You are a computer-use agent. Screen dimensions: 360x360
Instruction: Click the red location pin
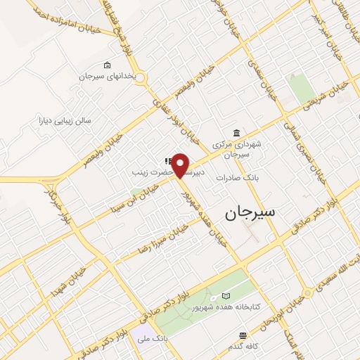point(181,165)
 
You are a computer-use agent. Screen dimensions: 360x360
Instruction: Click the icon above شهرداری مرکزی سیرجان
point(236,134)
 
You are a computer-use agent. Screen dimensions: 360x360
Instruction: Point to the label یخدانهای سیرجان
point(106,76)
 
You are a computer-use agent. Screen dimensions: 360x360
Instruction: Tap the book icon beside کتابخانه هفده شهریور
point(226,296)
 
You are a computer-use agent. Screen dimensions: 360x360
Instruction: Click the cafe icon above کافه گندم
point(243,335)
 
